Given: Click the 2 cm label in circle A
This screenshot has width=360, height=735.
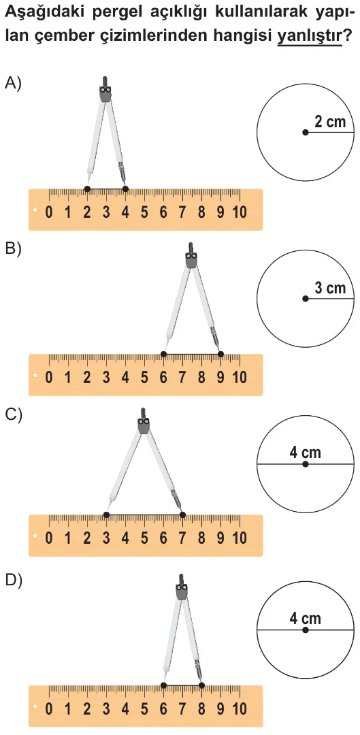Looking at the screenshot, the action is click(329, 122).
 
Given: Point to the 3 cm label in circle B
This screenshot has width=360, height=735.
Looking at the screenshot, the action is click(329, 288).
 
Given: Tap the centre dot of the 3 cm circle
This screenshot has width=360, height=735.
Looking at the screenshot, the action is click(305, 299).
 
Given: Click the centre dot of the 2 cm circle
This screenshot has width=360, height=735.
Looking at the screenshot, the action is click(305, 133).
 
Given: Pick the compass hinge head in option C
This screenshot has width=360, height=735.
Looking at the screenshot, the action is click(144, 423).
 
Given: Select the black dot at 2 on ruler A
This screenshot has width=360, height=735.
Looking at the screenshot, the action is click(87, 189).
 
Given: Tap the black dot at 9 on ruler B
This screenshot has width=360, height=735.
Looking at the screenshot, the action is click(220, 354).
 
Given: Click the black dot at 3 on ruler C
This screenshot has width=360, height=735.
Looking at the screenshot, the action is click(106, 514).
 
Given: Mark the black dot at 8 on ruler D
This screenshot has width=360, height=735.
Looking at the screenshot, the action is click(201, 685).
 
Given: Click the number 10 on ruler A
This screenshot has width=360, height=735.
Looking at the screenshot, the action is click(239, 212).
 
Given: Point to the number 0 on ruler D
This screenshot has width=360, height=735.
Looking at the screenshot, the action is click(49, 708).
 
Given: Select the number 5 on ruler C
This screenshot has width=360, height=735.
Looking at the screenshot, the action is click(144, 538).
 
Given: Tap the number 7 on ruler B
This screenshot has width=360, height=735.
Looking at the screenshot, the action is click(182, 377).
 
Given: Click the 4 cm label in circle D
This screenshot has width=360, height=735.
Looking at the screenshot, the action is click(305, 619).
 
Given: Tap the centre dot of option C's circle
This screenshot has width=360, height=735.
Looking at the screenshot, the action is click(305, 464).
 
